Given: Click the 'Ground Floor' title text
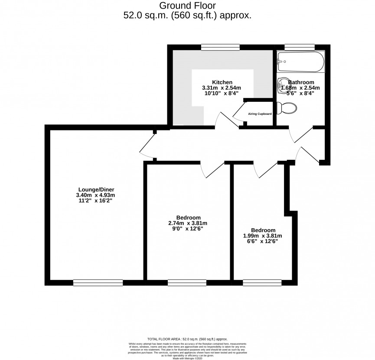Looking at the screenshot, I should point(187,6).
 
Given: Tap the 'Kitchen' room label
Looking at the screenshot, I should point(222,82).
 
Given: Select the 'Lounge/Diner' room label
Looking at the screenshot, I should point(96,189).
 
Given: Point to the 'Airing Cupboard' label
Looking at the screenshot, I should point(260,114).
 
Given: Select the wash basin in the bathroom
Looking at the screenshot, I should point(282,83).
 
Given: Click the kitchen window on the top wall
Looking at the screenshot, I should point(221,46).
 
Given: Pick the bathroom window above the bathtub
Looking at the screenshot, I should point(299,46).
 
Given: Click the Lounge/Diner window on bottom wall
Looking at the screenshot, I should point(98,283).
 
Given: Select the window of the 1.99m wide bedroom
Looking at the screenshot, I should point(262,283).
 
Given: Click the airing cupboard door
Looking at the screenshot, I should point(239,110).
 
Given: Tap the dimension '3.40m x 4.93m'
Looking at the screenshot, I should point(96,195).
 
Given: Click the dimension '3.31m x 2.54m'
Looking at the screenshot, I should point(222,88).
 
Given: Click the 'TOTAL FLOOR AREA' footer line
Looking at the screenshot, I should point(187,339).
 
